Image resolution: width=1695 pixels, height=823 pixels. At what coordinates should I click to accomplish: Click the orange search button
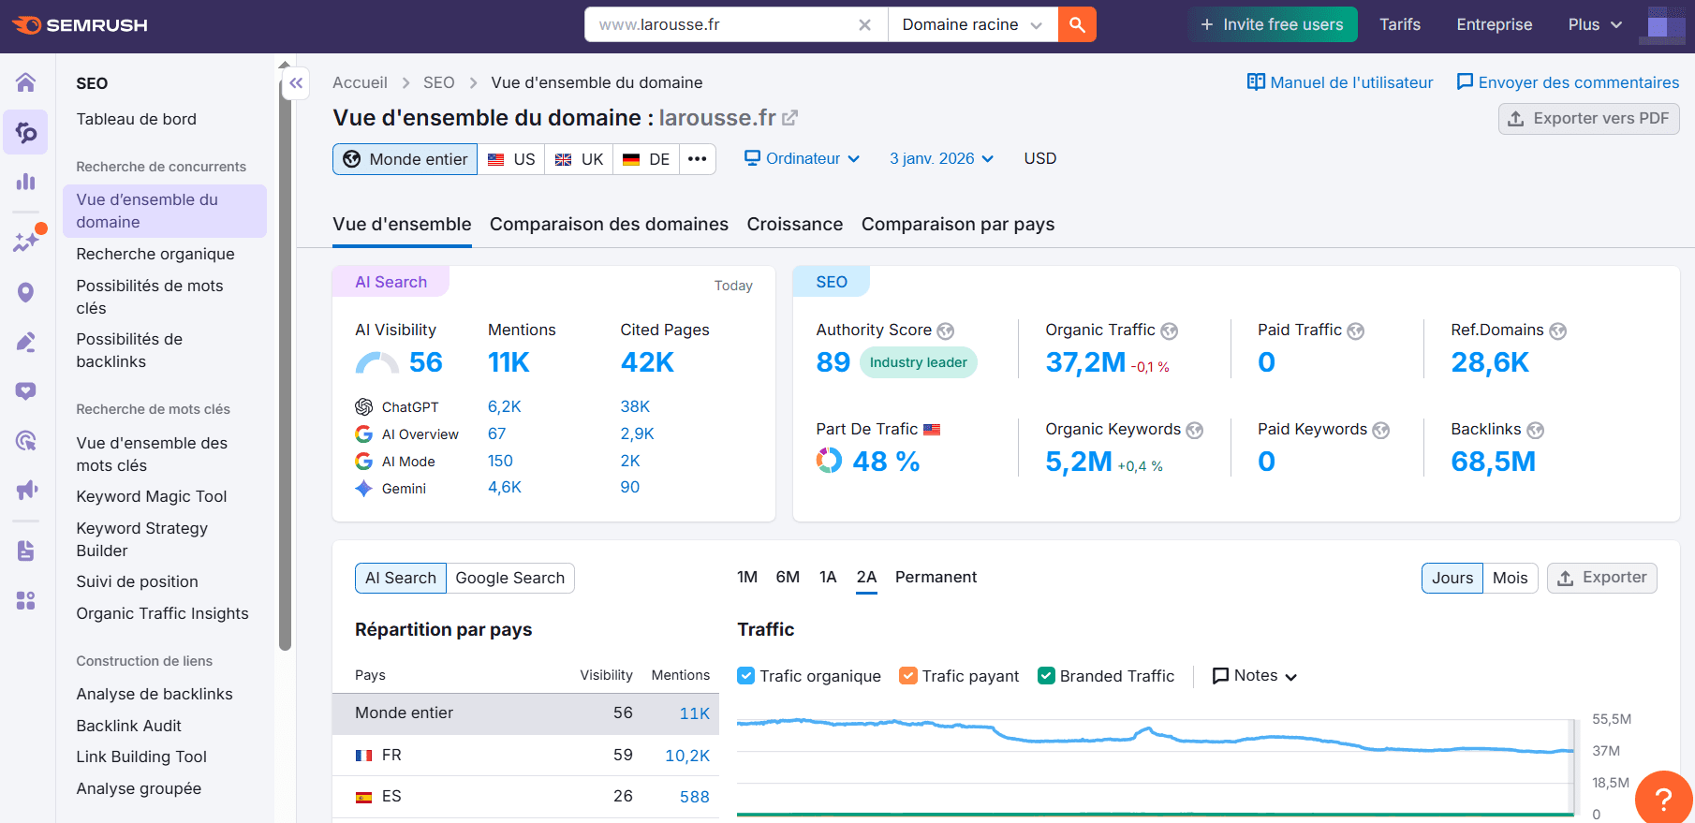(x=1077, y=24)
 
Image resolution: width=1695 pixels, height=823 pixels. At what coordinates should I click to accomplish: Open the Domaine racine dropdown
(x=972, y=24)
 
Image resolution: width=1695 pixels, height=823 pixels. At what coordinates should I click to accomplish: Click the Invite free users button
(x=1272, y=24)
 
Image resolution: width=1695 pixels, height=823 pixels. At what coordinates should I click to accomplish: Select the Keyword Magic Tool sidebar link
(x=152, y=496)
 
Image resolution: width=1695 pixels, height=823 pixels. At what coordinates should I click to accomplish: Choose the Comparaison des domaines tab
(x=609, y=225)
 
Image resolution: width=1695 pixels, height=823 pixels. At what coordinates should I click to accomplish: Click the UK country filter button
(x=579, y=159)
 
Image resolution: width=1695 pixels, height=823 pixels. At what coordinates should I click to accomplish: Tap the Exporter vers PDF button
(x=1588, y=119)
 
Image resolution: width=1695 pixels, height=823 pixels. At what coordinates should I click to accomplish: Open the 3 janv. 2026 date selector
(x=941, y=159)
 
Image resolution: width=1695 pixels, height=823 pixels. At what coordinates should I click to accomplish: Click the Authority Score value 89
(x=833, y=362)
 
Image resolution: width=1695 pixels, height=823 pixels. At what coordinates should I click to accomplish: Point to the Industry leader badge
(x=918, y=362)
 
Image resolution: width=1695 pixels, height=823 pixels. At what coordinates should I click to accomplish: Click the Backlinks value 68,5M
(x=1493, y=462)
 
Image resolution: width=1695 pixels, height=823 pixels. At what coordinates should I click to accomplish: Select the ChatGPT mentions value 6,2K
(x=504, y=406)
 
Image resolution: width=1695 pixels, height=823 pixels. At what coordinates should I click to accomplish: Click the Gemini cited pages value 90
(x=629, y=487)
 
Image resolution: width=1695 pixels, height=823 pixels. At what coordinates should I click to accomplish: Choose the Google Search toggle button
(x=509, y=578)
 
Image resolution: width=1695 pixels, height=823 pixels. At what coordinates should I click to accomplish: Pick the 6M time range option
(x=788, y=577)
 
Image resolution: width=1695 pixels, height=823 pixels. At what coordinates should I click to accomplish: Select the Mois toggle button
(x=1510, y=578)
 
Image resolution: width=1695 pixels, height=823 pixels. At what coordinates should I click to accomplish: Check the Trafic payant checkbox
(x=907, y=676)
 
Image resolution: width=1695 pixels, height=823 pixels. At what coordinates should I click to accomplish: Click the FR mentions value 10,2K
(x=686, y=756)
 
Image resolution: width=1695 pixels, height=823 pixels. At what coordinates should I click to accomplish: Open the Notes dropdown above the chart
(x=1255, y=676)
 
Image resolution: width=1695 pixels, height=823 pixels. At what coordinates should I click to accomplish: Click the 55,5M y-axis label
(x=1611, y=719)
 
